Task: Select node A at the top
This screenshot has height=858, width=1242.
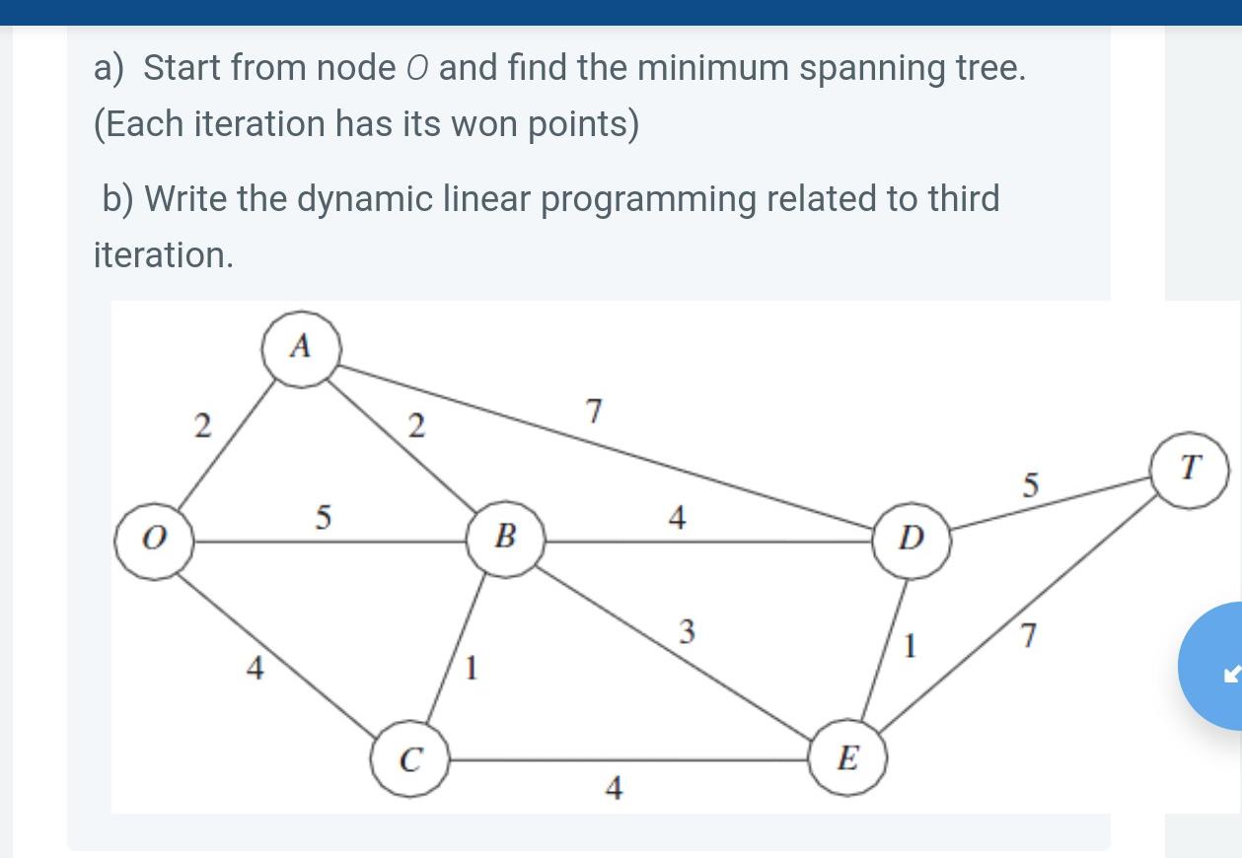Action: [x=301, y=347]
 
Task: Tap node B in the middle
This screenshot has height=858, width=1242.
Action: [x=505, y=537]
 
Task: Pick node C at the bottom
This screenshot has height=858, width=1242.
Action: [x=409, y=761]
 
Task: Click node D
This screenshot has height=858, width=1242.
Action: [x=913, y=539]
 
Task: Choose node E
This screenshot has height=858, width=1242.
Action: [x=847, y=759]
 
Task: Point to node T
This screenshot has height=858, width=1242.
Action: [x=1190, y=466]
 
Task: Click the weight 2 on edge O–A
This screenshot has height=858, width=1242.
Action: [x=201, y=426]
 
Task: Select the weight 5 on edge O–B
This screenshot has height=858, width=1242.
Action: [x=323, y=518]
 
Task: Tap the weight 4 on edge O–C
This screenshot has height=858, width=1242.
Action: [x=255, y=670]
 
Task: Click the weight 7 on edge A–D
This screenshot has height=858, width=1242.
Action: [x=593, y=411]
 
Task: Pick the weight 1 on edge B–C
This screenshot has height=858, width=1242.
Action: [x=472, y=670]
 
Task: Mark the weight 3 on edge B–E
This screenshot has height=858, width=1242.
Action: [x=688, y=630]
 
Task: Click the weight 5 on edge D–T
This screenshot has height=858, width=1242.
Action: [x=1031, y=484]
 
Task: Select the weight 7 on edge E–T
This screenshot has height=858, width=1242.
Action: [x=1029, y=637]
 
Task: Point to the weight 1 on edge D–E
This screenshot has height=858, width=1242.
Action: [x=911, y=647]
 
